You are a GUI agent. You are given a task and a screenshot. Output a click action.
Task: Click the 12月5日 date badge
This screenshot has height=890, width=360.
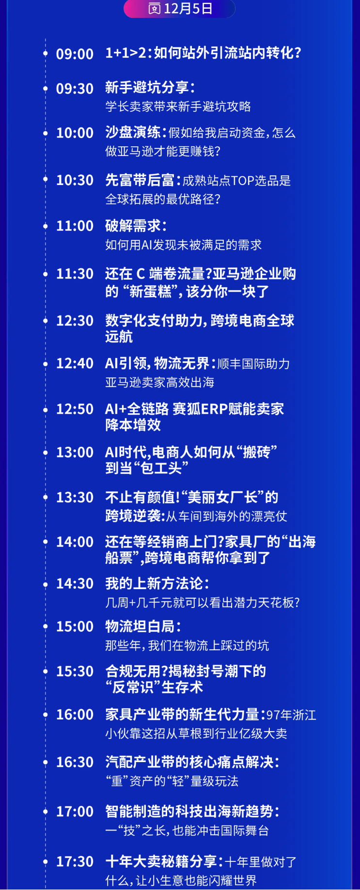(x=179, y=9)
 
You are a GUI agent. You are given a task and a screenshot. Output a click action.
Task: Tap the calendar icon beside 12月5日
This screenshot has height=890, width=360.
(x=154, y=9)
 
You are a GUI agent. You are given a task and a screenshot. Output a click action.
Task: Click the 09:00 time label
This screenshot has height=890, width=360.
(x=75, y=54)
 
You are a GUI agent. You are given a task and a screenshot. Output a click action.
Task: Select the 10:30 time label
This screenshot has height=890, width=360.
(x=75, y=180)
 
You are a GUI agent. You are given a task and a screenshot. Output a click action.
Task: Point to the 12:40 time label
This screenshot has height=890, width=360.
(x=75, y=363)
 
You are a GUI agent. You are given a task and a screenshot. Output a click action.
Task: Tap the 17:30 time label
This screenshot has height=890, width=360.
(x=75, y=861)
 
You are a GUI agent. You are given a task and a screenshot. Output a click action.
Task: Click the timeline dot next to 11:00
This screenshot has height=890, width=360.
(x=46, y=226)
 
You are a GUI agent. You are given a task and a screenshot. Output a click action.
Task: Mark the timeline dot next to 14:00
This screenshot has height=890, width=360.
(x=46, y=542)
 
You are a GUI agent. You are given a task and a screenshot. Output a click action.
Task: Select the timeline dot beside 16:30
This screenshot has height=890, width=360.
(x=46, y=762)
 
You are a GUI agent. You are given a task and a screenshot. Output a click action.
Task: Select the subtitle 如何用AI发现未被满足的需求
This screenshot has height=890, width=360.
(x=183, y=245)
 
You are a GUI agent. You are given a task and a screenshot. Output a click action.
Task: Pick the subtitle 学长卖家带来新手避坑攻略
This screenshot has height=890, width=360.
(x=178, y=107)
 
